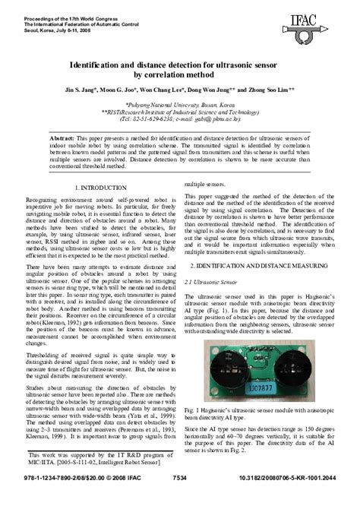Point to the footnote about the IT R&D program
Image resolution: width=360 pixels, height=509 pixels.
[99, 479]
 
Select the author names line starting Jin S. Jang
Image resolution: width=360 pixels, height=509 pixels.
[179, 87]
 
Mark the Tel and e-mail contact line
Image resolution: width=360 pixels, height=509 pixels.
[179, 118]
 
